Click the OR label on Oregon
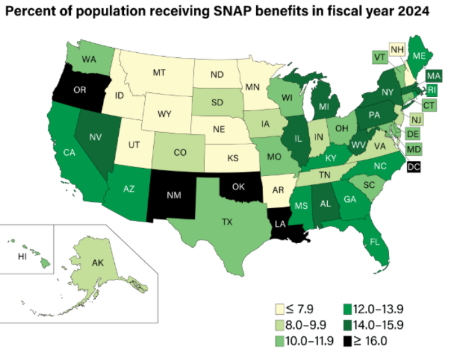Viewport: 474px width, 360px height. point(80,90)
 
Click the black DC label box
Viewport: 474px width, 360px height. point(414,166)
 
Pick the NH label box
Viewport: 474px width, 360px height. point(397,49)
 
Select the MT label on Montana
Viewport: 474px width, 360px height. point(159,73)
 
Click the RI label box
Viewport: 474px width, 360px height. point(431,89)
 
